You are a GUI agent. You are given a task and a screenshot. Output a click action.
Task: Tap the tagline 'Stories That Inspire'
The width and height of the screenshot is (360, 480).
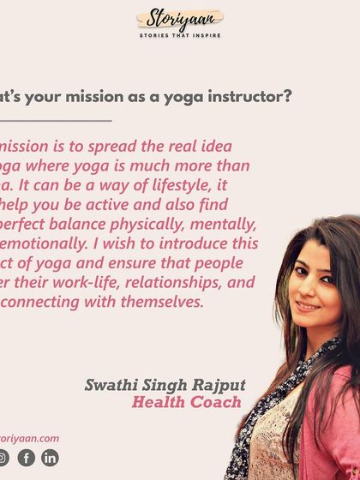[180, 36]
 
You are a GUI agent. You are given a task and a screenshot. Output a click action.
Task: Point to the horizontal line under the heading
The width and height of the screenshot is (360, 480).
[56, 121]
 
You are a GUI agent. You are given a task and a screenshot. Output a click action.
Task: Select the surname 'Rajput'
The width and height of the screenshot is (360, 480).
[210, 385]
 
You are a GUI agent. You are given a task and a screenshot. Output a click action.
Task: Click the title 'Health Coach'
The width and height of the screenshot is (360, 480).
[186, 402]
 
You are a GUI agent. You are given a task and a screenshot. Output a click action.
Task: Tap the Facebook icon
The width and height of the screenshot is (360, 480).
[27, 458]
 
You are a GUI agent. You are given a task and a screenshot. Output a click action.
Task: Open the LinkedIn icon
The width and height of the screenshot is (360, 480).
[51, 458]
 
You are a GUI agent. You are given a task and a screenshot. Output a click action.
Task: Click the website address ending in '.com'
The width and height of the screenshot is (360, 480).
[29, 438]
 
